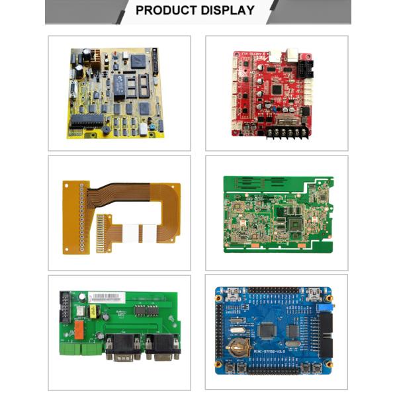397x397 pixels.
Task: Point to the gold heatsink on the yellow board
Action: click(96, 59)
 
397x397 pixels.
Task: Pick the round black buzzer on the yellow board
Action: click(107, 130)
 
